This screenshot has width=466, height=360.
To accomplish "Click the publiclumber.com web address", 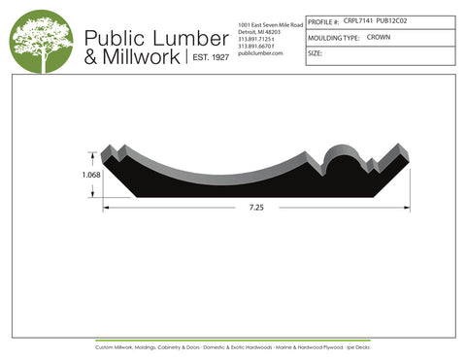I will point(258,53).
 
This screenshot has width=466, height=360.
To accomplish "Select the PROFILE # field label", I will point(323,19).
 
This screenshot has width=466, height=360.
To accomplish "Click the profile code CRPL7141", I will point(358,19).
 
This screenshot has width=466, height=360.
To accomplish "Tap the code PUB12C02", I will point(391,19).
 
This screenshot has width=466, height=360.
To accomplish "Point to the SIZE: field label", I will point(316,53).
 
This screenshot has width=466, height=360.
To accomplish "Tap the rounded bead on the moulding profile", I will point(341,155).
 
